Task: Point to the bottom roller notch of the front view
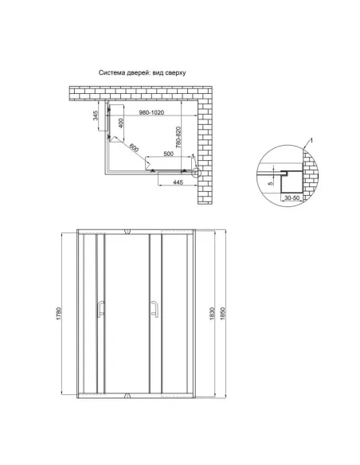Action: [x=127, y=394]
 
